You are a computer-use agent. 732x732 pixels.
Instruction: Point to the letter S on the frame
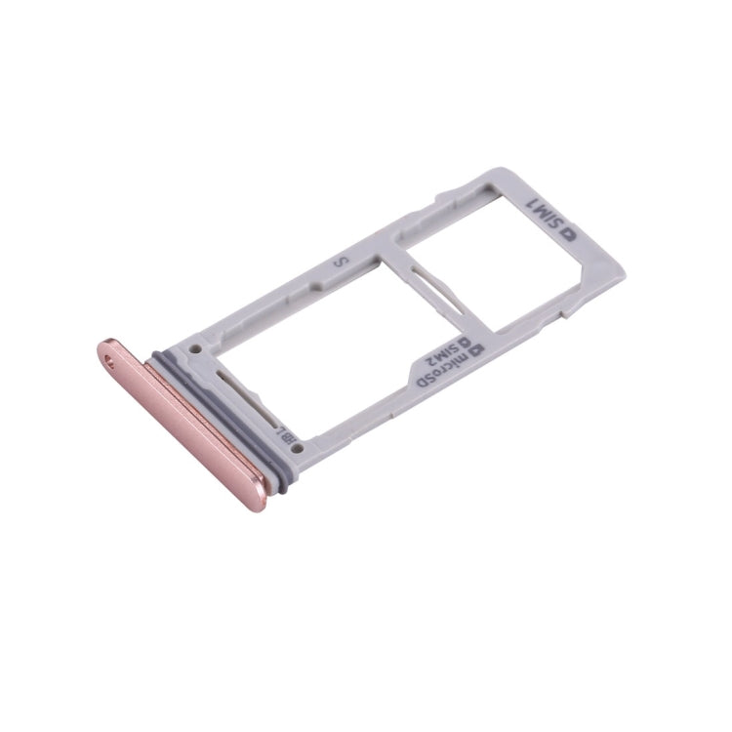[341, 263]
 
